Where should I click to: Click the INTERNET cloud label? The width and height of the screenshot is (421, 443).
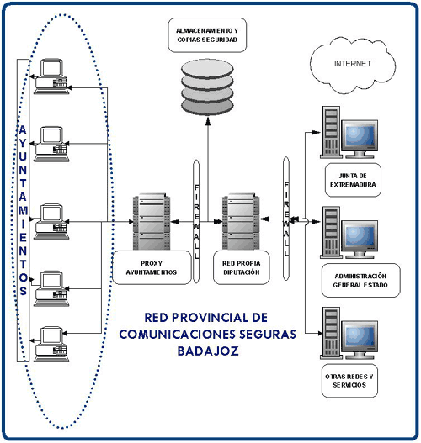click(353, 64)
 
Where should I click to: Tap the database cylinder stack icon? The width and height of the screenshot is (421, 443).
click(207, 87)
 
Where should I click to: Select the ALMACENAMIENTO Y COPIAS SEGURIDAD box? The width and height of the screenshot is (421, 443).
click(207, 35)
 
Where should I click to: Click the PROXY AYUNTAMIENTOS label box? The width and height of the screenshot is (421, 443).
click(152, 267)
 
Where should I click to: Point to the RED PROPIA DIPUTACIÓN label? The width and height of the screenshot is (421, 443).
click(242, 267)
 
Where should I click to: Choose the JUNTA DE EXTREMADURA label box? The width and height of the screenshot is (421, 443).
click(353, 180)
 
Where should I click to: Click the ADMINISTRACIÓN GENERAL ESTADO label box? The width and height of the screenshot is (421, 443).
click(360, 280)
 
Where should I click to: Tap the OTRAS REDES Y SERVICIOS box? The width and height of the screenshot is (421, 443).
click(349, 381)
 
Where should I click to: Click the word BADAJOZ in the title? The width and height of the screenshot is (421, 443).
click(208, 351)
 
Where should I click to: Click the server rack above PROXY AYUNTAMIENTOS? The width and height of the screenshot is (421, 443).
click(152, 222)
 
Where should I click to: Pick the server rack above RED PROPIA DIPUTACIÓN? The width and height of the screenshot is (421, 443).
click(241, 222)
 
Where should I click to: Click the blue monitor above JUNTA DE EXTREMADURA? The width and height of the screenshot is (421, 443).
click(360, 139)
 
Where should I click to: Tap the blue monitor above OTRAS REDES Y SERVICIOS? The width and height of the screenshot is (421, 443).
click(360, 339)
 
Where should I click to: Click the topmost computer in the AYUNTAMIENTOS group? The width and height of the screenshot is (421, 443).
click(51, 76)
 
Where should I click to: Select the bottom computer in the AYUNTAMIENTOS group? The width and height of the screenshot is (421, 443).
click(51, 344)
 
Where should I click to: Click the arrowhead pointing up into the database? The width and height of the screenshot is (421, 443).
click(208, 121)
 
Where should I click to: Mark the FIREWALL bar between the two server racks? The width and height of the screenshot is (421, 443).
click(196, 222)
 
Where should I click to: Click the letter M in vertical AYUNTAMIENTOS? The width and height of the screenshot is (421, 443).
click(24, 210)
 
